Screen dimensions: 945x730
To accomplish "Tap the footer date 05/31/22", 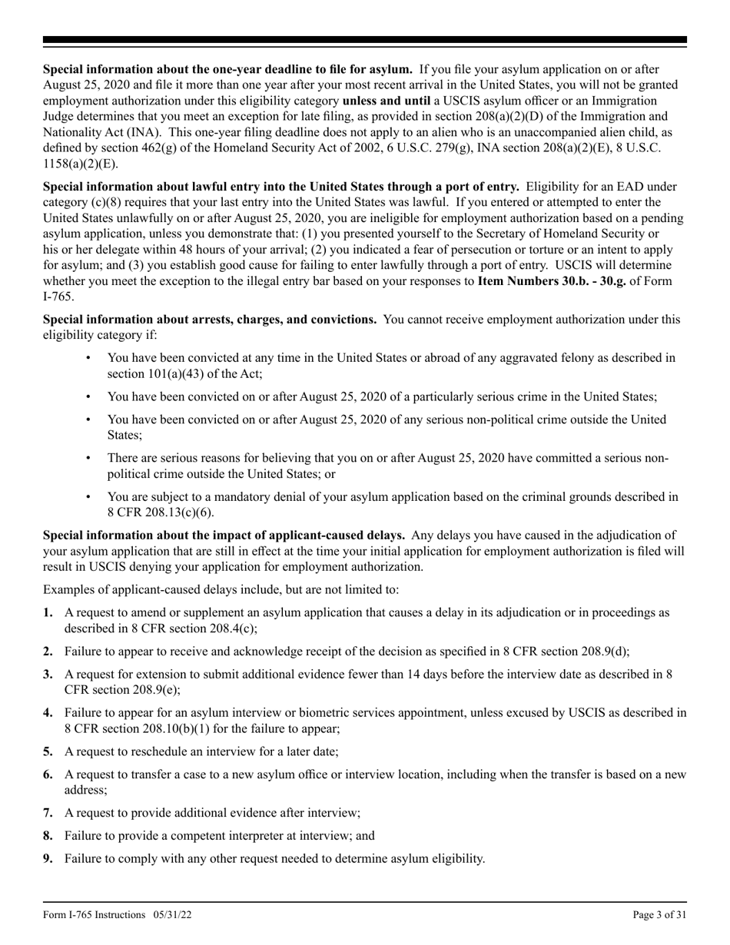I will [x=173, y=914].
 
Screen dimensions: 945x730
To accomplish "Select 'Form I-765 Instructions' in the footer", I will [x=94, y=914].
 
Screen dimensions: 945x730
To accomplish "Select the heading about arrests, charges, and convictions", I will [x=210, y=319].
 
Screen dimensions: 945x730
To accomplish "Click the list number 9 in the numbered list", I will [x=48, y=858].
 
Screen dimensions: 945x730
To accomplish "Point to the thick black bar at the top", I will [x=364, y=40].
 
